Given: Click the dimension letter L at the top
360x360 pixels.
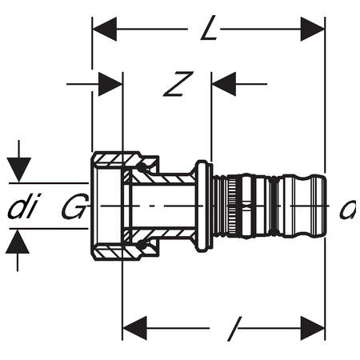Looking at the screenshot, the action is pos(209,28).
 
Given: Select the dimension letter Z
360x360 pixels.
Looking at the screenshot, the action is pos(178,84).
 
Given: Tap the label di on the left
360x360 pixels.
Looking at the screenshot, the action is pos(23,206).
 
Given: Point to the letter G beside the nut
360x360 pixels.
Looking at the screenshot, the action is pos(75,206).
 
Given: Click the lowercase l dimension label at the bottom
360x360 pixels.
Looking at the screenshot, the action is pos(234,329).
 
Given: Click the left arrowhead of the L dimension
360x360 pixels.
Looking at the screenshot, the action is pos(105,29).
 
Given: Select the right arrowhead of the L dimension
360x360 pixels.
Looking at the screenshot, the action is pos(313,29).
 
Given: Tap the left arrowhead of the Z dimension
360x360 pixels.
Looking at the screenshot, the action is pos(110,84).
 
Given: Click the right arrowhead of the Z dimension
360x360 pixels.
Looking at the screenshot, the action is pos(224,84).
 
